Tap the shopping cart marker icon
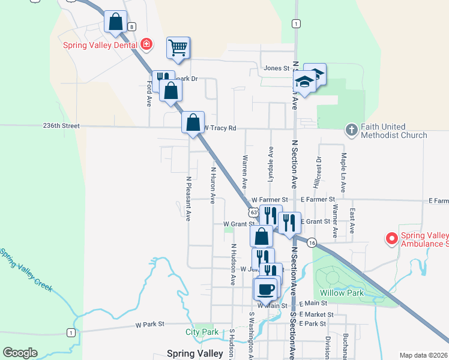(178, 47)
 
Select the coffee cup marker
(265, 290)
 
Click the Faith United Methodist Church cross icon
(351, 129)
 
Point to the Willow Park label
(340, 293)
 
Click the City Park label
(202, 332)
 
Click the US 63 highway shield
(255, 212)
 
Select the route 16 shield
(311, 242)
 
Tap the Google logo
(20, 353)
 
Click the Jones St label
(277, 68)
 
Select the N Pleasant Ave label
(188, 199)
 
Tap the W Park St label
(149, 325)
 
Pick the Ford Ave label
(149, 94)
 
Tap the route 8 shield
(132, 26)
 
